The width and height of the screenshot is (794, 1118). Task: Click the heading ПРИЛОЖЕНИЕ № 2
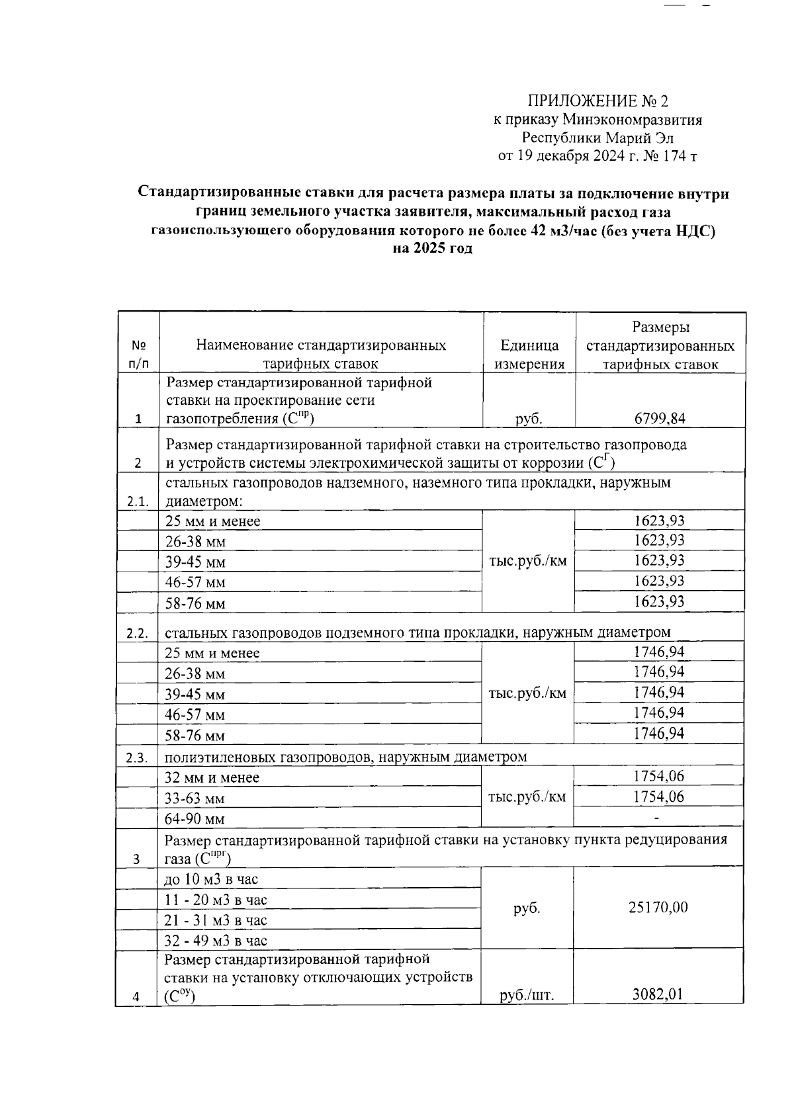pos(597,101)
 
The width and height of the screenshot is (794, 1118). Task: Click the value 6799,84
pos(660,418)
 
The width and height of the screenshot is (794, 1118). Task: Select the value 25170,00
pos(658,907)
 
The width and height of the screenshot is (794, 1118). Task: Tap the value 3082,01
pos(658,994)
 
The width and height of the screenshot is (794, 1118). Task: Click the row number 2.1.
pos(138,501)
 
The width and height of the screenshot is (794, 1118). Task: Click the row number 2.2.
pos(137,633)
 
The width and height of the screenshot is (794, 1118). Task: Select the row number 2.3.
pos(137,758)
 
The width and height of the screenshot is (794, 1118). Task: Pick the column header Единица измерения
pos(529,355)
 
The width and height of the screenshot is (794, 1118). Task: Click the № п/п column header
pos(138,355)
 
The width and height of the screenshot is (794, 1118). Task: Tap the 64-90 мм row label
pos(195,819)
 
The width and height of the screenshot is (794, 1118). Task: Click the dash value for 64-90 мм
pos(656,818)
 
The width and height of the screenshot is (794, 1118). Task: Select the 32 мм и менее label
pos(212,778)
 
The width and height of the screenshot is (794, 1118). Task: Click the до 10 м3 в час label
pos(211,879)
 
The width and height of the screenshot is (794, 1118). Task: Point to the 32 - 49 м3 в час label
pos(216,941)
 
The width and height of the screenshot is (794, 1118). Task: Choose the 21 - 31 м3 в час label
pos(216,920)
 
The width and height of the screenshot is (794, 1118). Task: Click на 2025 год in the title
pos(433,249)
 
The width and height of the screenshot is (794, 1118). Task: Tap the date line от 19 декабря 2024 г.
pos(597,157)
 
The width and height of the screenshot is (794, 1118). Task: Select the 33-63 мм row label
pos(195,798)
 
